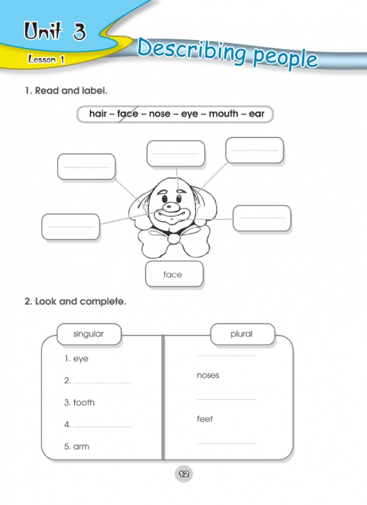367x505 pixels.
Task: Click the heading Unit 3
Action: coord(55,32)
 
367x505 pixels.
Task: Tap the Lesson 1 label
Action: coord(46,59)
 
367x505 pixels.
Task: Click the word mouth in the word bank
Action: coord(224,114)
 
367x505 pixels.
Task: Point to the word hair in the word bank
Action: coord(99,114)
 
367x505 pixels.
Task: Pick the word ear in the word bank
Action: coord(257,114)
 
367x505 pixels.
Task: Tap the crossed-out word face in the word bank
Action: coord(127,114)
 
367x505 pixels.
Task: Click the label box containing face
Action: coord(174,275)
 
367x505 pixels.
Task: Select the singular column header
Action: coord(89,334)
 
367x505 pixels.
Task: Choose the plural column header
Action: coord(241,334)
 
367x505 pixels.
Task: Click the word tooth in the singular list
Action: coord(83,403)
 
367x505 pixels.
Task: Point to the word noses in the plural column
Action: coord(208,375)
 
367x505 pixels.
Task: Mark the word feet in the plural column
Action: coord(205,419)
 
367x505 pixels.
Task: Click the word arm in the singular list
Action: coord(81,447)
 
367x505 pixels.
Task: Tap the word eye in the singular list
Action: coord(81,359)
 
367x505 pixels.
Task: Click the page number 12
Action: coord(183,474)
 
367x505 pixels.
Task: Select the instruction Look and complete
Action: coord(75,302)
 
